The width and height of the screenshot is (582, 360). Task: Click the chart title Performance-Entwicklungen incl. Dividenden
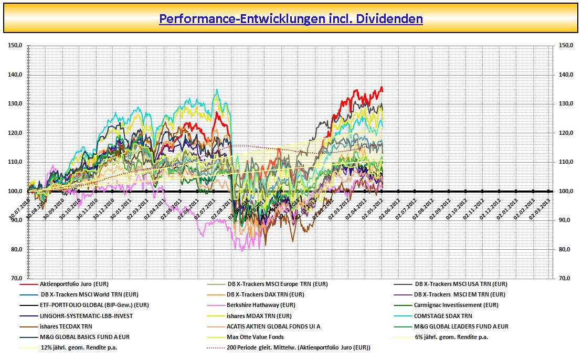(291, 19)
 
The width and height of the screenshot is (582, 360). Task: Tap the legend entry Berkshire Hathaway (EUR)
(261, 305)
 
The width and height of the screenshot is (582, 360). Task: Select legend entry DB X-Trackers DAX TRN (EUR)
(265, 294)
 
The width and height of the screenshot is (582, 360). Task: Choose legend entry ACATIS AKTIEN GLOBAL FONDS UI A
(273, 326)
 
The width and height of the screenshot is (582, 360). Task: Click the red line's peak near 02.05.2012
(382, 87)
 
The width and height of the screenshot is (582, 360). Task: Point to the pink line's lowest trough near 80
(242, 251)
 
